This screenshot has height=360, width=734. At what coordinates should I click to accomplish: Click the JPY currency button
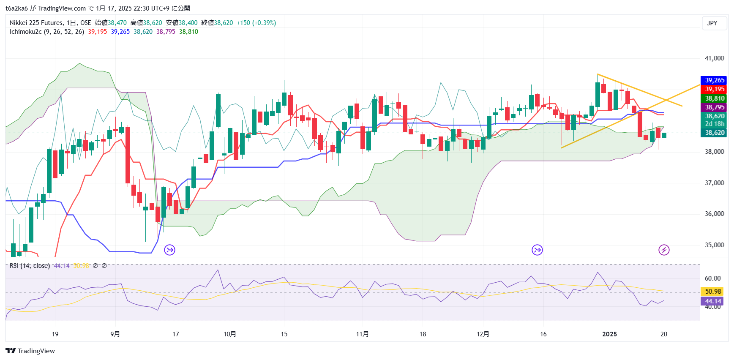pos(712,23)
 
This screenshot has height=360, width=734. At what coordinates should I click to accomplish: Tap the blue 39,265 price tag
pos(714,80)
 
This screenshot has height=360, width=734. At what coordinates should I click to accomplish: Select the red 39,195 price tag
pos(714,89)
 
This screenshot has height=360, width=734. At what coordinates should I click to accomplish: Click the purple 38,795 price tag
pos(714,107)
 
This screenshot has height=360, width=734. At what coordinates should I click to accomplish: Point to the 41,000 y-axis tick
pos(714,58)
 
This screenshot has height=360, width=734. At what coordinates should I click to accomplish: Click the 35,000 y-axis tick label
pos(714,245)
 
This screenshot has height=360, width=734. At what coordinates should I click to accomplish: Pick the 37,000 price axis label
pos(714,183)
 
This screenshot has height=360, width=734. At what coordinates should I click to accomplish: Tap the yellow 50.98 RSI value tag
pos(713,292)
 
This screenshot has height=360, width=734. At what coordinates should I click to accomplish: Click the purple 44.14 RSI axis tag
pos(713,301)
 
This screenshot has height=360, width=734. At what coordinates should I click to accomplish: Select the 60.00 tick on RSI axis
pos(713,278)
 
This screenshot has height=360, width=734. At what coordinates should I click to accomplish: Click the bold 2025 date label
pos(609,334)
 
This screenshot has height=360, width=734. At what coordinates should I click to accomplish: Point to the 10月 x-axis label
pos(229,334)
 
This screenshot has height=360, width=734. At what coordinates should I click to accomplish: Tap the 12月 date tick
pos(483,334)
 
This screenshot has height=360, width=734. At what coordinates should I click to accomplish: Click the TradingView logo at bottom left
pos(30,351)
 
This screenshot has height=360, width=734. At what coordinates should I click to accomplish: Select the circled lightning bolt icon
pos(664,250)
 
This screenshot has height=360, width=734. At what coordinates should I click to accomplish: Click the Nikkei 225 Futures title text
pos(37,23)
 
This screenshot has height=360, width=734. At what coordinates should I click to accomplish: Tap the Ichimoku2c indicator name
pos(26,32)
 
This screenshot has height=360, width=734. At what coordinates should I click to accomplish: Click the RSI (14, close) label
pos(30,266)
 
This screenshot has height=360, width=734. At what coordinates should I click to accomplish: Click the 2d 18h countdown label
pos(714,124)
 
